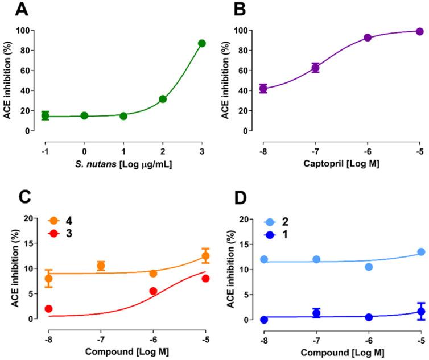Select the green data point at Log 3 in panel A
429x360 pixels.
201,43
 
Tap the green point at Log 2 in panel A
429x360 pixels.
163,99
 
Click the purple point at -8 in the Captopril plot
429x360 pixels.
263,89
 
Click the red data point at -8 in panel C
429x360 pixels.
48,309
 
